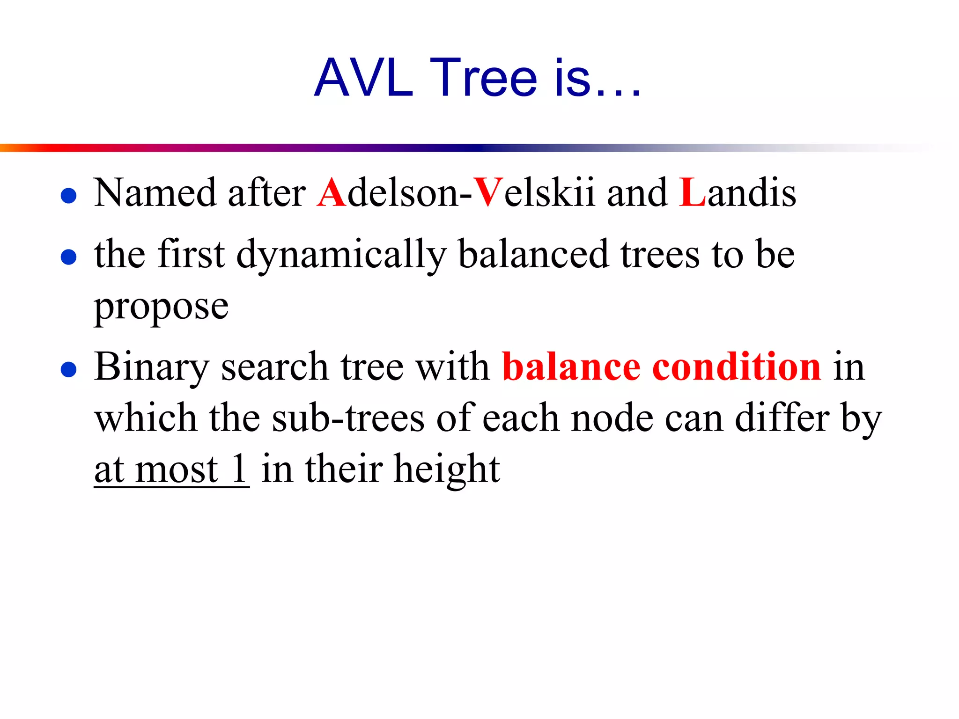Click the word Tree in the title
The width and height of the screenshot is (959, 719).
pyautogui.click(x=483, y=78)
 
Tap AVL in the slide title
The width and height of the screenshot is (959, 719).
pyautogui.click(x=363, y=78)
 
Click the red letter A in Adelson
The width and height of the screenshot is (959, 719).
pyautogui.click(x=331, y=192)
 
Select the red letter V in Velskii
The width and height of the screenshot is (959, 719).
pyautogui.click(x=487, y=192)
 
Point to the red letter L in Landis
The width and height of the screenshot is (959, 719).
pyautogui.click(x=692, y=192)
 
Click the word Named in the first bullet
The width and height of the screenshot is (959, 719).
pyautogui.click(x=155, y=192)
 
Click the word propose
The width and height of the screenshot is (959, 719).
pyautogui.click(x=161, y=307)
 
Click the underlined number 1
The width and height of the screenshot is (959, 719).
pyautogui.click(x=239, y=469)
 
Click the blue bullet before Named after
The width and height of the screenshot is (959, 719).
pyautogui.click(x=69, y=195)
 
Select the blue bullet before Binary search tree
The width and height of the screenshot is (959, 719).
pyautogui.click(x=69, y=369)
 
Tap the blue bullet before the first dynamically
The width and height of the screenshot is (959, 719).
pyautogui.click(x=69, y=257)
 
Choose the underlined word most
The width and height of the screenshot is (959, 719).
pyautogui.click(x=177, y=470)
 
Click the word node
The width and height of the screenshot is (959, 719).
pyautogui.click(x=612, y=418)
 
